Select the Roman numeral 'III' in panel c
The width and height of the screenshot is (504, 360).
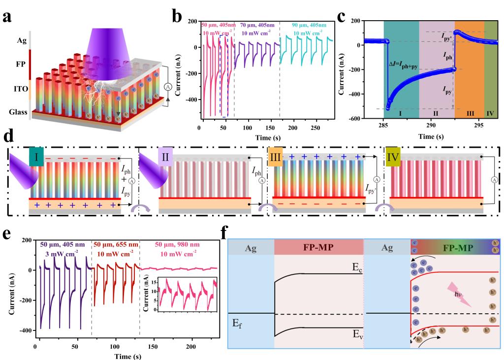coord(470,113)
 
